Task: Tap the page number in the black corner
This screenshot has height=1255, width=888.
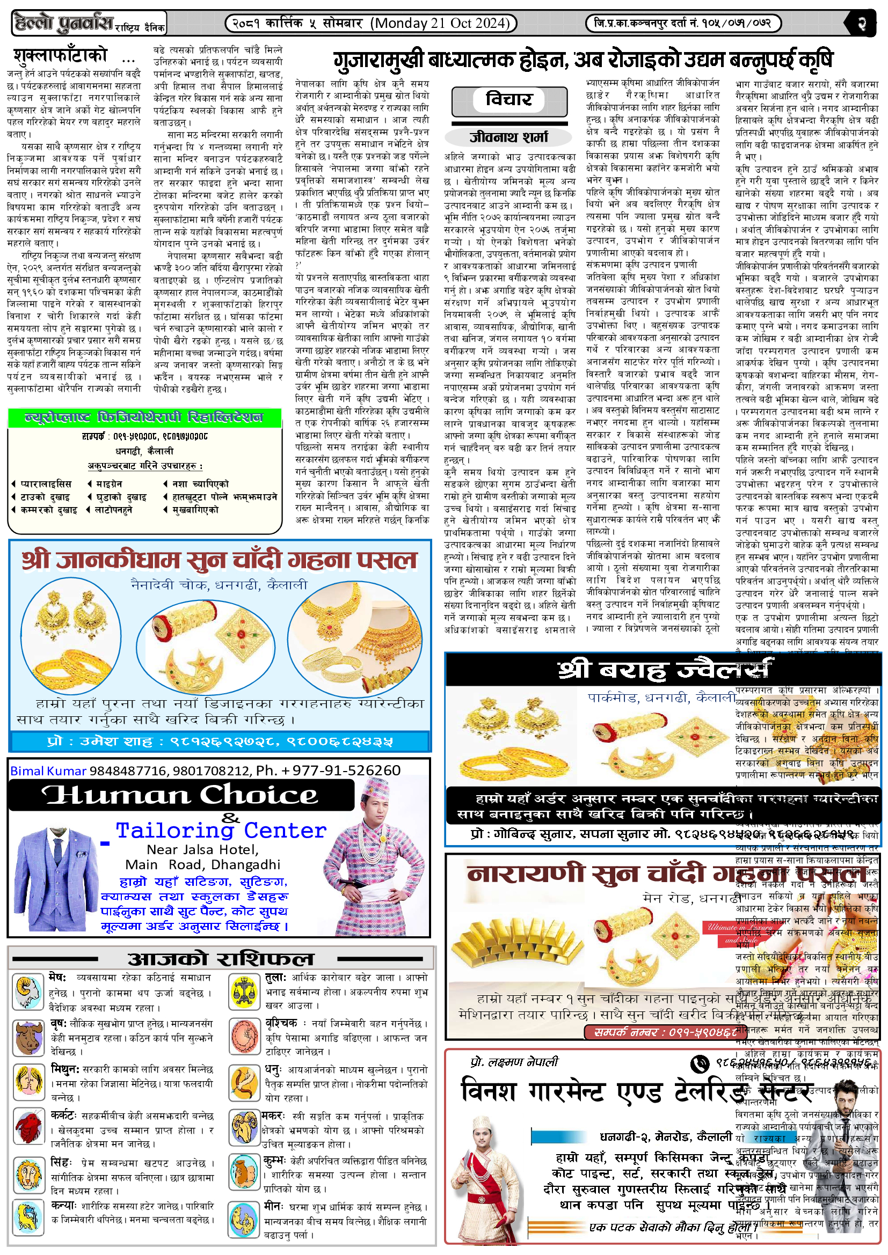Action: [862, 24]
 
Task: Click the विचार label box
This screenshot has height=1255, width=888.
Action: [508, 99]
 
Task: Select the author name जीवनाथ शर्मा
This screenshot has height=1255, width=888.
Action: [508, 137]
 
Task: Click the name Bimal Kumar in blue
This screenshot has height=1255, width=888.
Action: [48, 770]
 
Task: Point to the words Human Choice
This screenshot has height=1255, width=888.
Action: [180, 795]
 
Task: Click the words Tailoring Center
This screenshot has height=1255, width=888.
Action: [221, 831]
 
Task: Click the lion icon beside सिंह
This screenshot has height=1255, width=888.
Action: [28, 1174]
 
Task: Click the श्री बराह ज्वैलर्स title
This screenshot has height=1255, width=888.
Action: [664, 669]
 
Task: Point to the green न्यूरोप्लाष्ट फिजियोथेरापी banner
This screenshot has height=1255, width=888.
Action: [144, 417]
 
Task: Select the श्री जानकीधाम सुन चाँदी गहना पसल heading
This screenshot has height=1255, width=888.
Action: [219, 560]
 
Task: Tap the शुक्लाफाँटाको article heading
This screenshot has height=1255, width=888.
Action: [61, 56]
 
